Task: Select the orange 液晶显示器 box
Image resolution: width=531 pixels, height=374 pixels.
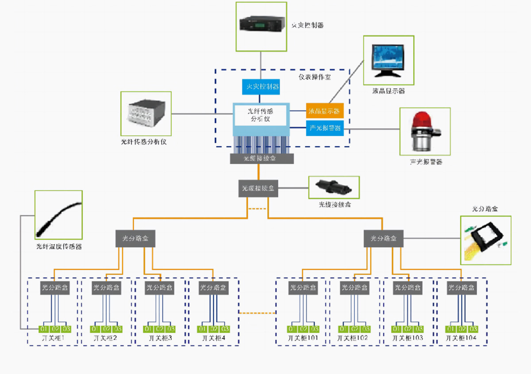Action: coord(325,110)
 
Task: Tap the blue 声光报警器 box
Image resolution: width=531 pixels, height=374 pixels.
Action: coord(325,128)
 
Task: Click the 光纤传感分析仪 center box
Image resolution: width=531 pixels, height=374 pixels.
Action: coord(261,115)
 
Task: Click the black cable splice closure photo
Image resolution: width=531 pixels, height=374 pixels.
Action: coord(334,187)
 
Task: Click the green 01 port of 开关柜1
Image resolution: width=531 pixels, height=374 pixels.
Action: coord(44,329)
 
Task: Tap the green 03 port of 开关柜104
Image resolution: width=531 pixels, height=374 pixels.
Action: coord(473,329)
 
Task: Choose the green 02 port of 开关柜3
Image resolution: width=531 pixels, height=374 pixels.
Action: coord(160,329)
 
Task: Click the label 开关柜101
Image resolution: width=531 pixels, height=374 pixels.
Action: coord(303,338)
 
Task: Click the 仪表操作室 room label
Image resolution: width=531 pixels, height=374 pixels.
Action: coord(315,77)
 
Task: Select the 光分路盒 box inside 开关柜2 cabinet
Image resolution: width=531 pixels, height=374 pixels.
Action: coord(106,288)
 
